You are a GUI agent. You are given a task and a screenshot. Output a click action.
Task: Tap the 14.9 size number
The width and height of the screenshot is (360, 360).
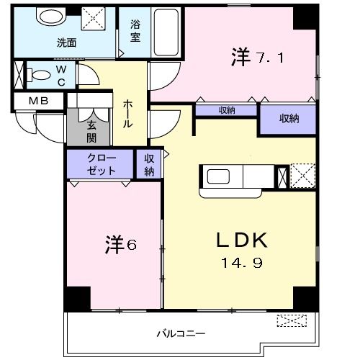[241, 263]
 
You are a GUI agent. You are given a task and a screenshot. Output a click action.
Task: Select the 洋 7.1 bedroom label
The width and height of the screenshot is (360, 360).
[257, 57]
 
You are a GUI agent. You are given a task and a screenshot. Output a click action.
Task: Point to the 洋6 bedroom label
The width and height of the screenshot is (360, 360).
[120, 244]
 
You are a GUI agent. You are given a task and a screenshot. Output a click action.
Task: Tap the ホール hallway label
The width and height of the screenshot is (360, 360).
[127, 114]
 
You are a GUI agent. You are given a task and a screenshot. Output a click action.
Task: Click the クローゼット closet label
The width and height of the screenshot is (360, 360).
[101, 165]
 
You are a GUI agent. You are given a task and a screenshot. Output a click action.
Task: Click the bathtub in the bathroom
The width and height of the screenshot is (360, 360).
[169, 34]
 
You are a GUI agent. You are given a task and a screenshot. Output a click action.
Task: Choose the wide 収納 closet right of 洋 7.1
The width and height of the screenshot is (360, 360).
[288, 119]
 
